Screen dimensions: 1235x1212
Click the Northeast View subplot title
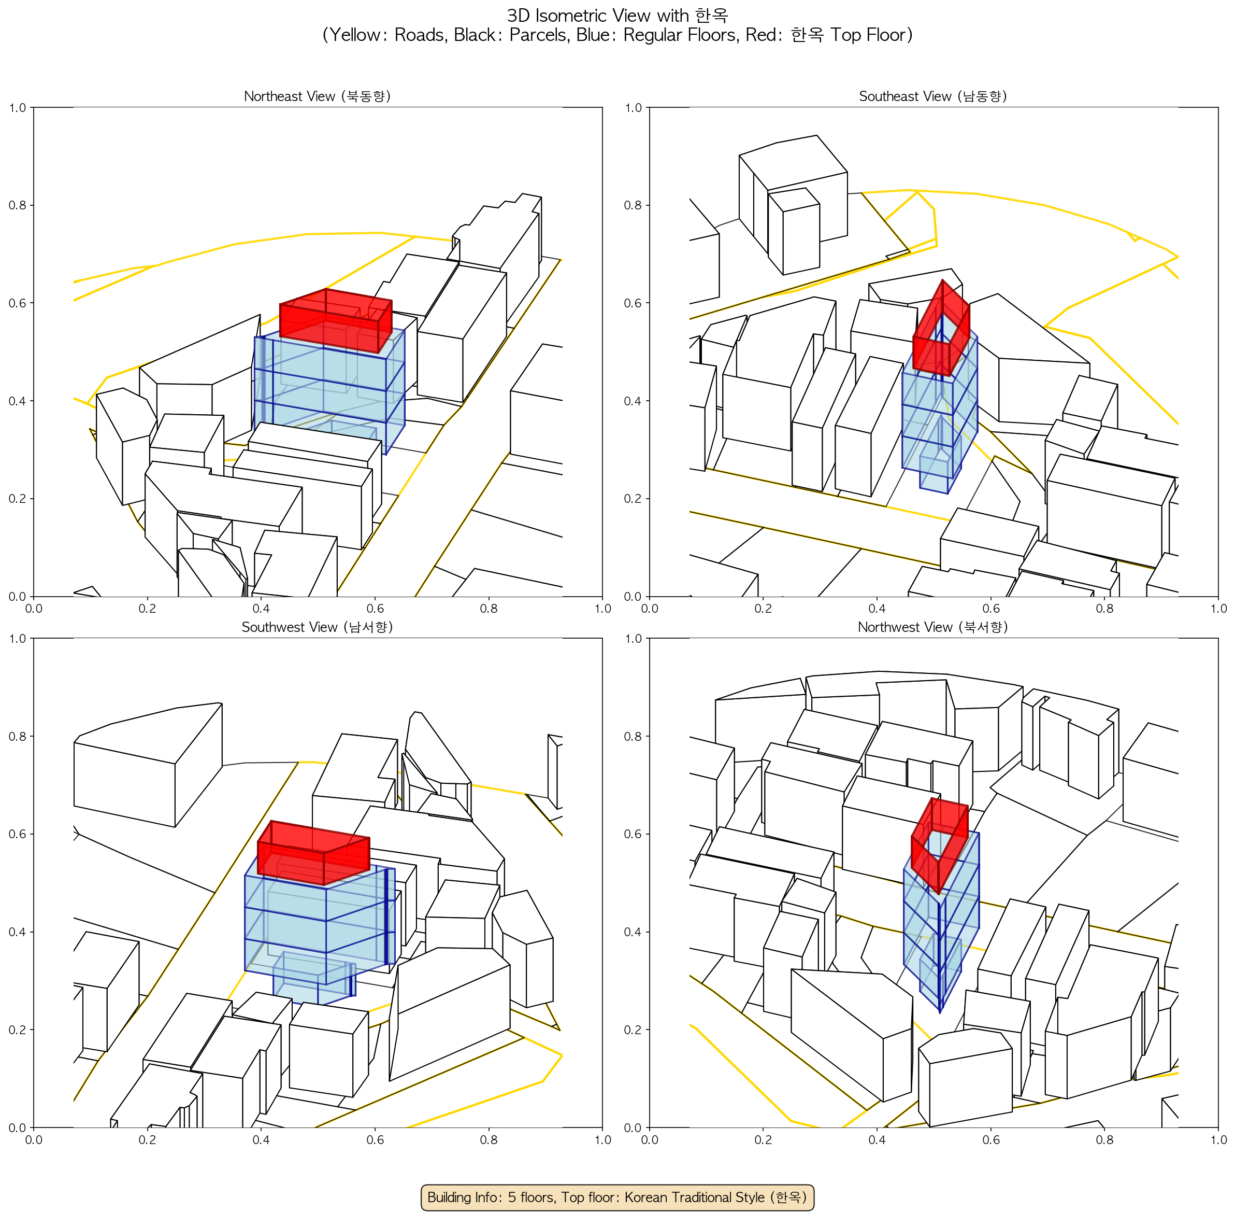coord(317,96)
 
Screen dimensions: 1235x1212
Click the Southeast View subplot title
coord(933,96)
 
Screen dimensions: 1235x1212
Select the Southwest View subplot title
coord(317,627)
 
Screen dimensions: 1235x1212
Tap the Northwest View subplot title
coord(933,627)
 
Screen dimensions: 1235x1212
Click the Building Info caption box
coord(617,1197)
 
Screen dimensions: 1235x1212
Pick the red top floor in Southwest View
coord(313,853)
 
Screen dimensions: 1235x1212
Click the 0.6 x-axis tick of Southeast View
coord(990,608)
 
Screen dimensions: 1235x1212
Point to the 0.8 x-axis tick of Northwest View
coord(1104,1139)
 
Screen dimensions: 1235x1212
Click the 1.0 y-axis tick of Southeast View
coord(633,108)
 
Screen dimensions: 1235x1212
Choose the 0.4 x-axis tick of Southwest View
coord(261,1139)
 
